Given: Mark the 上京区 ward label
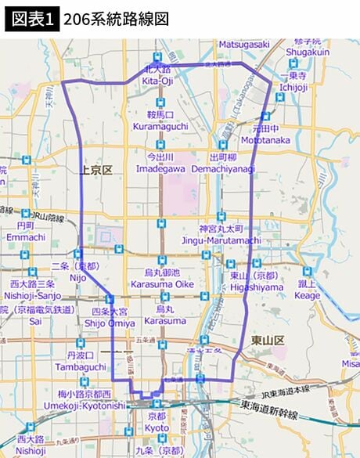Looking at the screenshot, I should point(96,170).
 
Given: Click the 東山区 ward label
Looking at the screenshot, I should point(268,339).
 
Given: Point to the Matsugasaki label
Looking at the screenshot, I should point(244,45).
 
